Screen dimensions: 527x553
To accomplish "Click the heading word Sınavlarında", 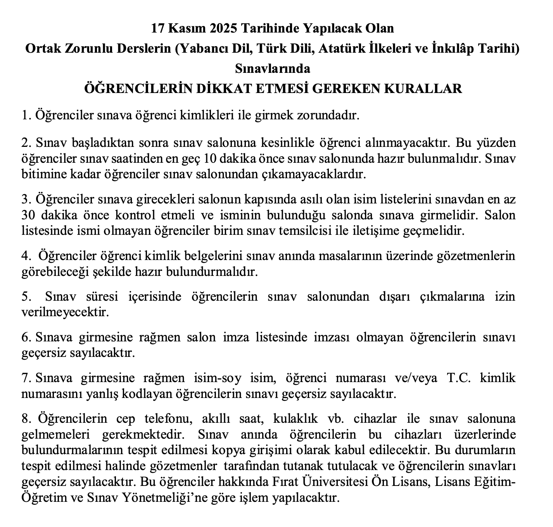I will pyautogui.click(x=273, y=69).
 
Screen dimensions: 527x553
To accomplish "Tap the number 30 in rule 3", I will pyautogui.click(x=28, y=215).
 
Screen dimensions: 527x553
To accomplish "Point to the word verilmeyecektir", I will pyautogui.click(x=65, y=312).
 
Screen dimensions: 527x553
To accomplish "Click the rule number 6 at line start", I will pyautogui.click(x=26, y=337).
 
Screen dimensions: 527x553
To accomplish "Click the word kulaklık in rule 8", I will pyautogui.click(x=296, y=419).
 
